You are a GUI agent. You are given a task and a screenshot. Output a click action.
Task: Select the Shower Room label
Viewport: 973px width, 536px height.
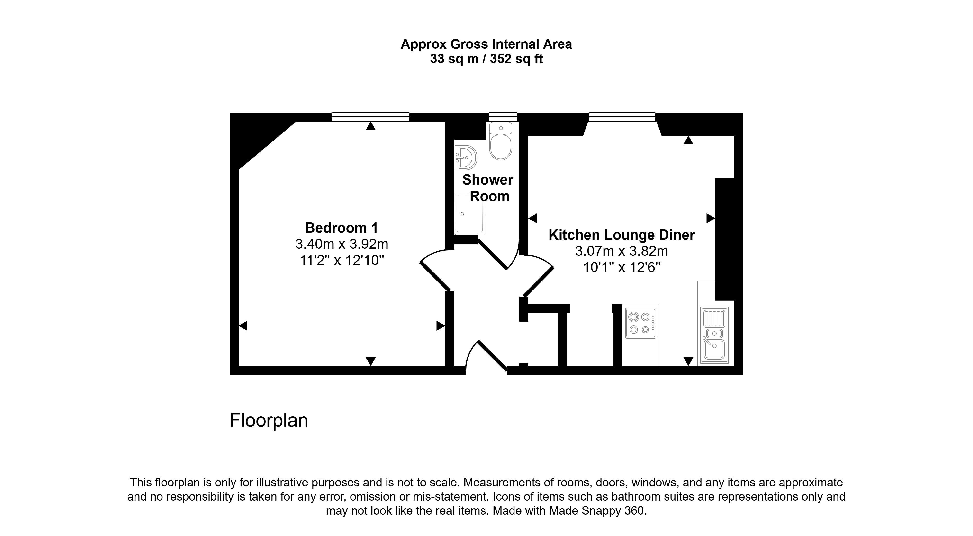pos(488,188)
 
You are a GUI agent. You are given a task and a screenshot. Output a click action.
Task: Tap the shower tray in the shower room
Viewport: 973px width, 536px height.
pos(470,214)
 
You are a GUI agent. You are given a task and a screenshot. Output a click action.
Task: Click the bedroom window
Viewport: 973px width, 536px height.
pos(370,117)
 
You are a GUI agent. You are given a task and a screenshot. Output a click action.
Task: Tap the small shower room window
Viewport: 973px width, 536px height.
pos(503,117)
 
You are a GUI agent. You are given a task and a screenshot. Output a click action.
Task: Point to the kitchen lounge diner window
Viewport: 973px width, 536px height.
pos(622,117)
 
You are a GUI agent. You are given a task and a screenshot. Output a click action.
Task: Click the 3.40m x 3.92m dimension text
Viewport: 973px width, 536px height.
pos(342,244)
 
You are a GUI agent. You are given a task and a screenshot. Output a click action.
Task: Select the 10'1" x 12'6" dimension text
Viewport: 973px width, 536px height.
pos(622,268)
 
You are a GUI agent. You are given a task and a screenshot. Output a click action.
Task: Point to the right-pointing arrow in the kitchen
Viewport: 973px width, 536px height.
pos(711,218)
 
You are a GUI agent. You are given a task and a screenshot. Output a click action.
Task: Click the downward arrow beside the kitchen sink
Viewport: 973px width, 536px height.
pos(689,361)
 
